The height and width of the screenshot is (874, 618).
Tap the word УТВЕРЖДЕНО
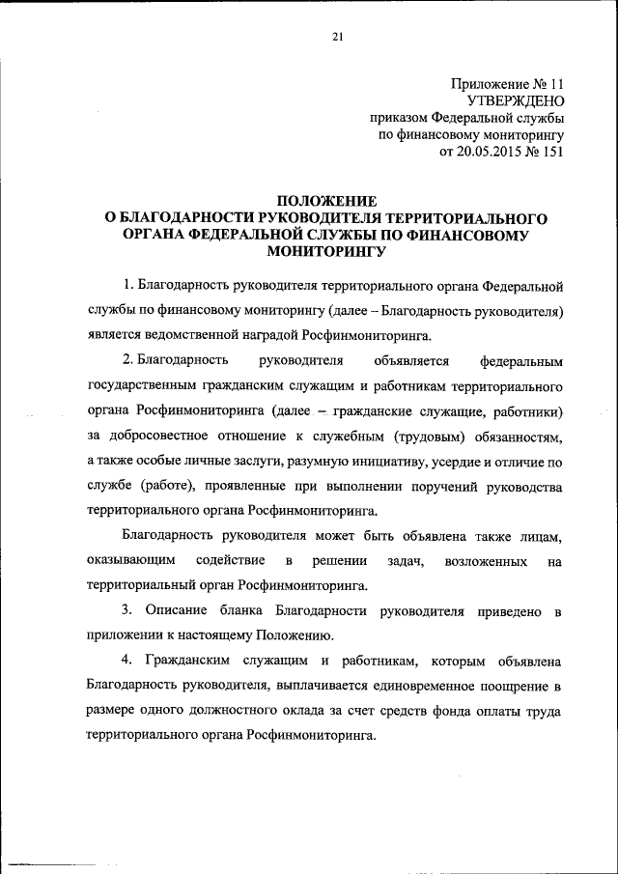pyautogui.click(x=515, y=99)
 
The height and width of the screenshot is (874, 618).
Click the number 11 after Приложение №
pyautogui.click(x=553, y=82)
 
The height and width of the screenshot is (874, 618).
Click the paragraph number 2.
pyautogui.click(x=127, y=361)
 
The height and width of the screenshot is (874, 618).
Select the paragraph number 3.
pyautogui.click(x=126, y=611)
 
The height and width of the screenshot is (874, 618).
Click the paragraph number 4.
pyautogui.click(x=126, y=662)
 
